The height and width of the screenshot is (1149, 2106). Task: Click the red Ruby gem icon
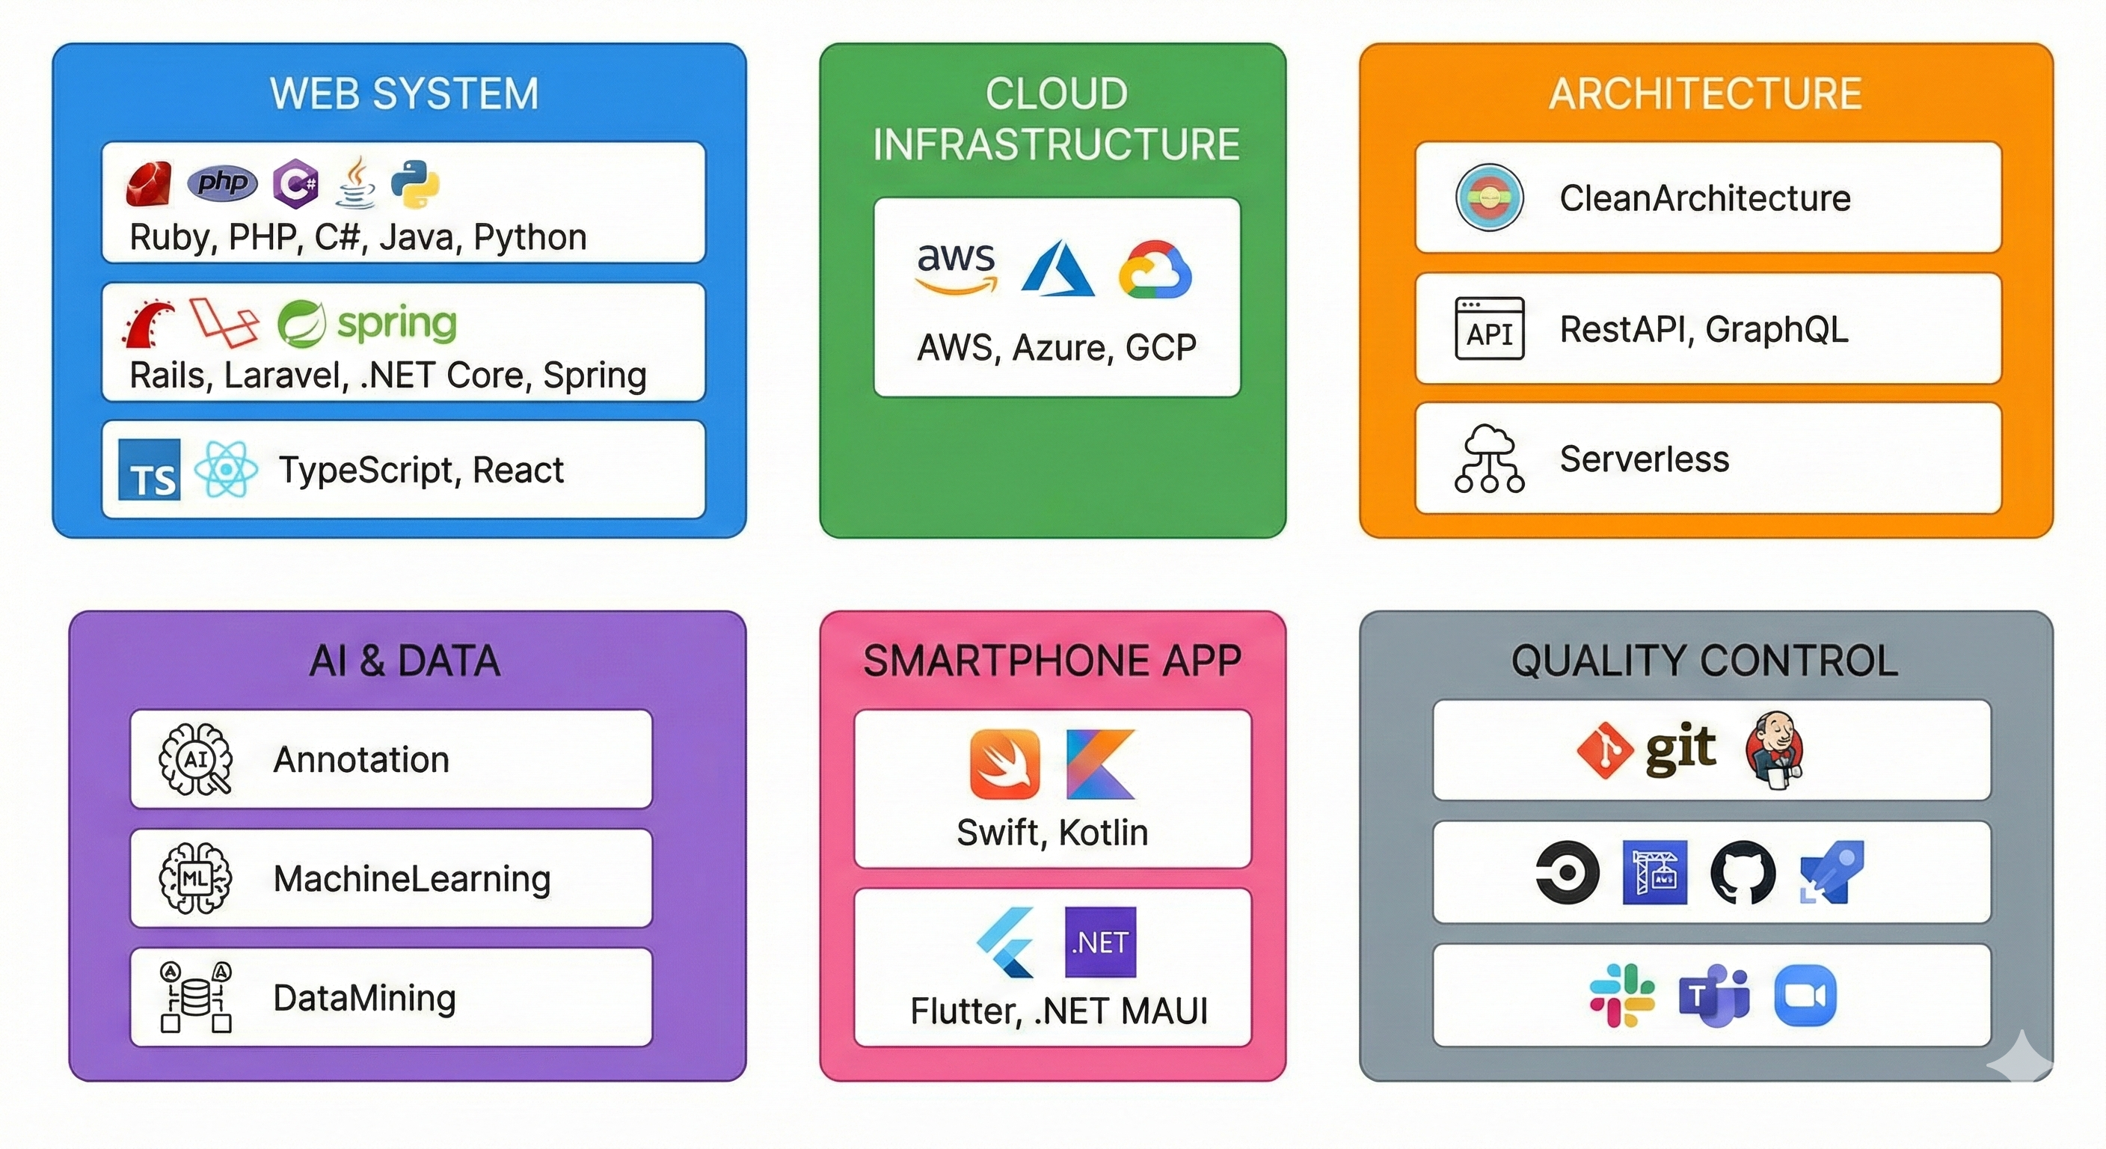click(149, 183)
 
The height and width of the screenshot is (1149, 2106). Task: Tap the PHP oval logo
click(221, 182)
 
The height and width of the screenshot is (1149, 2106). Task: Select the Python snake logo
click(415, 183)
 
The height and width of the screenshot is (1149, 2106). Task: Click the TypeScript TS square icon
click(150, 470)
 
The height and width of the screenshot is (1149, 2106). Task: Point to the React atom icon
click(226, 470)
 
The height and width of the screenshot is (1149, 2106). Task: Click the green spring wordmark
click(396, 323)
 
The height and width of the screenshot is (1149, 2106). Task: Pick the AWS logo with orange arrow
click(956, 267)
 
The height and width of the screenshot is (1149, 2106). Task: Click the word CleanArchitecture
click(1704, 198)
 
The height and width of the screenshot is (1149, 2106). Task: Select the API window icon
click(1490, 328)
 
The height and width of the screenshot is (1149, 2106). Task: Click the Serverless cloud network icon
click(1490, 459)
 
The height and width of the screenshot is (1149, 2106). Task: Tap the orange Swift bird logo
click(1005, 764)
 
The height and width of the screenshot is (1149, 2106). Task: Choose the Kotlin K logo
click(1101, 764)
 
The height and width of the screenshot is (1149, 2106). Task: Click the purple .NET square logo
click(1100, 942)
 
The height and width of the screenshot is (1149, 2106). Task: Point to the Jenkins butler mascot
click(1775, 750)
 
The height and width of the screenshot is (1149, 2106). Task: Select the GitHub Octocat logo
click(1743, 872)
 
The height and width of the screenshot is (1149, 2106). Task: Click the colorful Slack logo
click(1622, 995)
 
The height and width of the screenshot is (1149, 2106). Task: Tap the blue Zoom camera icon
click(1805, 995)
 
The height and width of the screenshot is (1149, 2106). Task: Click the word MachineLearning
click(412, 879)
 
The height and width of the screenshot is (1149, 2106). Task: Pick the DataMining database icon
click(196, 997)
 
